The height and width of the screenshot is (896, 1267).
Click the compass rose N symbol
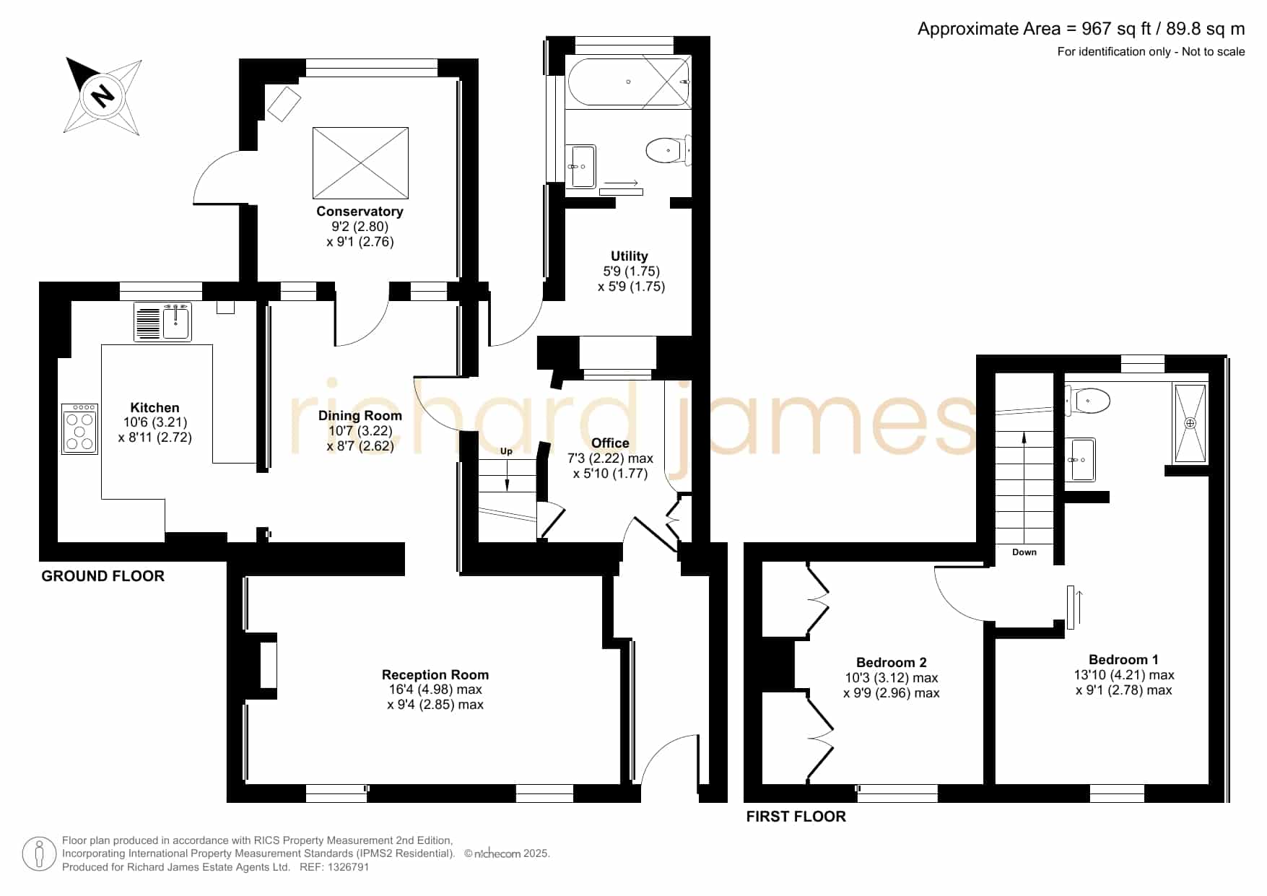coord(103,95)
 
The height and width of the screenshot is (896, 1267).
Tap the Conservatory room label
coord(360,212)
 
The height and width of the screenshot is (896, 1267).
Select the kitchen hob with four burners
coord(79,428)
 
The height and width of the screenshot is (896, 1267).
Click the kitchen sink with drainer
coord(162,321)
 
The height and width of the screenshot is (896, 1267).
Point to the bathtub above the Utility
coord(628,82)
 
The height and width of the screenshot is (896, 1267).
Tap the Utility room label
coord(630,256)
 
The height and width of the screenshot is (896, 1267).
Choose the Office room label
coord(610,443)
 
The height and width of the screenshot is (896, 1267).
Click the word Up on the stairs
coord(506,451)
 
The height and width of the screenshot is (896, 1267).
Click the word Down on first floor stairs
coord(1024,552)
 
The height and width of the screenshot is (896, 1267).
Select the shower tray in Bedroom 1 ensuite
coord(1190,423)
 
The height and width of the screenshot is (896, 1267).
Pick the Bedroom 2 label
coord(891,663)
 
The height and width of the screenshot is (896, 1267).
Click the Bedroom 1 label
coord(1123,660)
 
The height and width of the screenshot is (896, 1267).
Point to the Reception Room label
coord(435,675)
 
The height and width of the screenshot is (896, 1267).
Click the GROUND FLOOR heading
coord(103,576)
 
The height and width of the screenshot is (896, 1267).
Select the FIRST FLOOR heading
coord(796,817)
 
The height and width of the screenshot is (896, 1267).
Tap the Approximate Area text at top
coord(1081,29)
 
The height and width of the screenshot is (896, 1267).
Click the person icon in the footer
coord(39,854)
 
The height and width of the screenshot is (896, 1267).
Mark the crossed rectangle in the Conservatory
coord(360,163)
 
